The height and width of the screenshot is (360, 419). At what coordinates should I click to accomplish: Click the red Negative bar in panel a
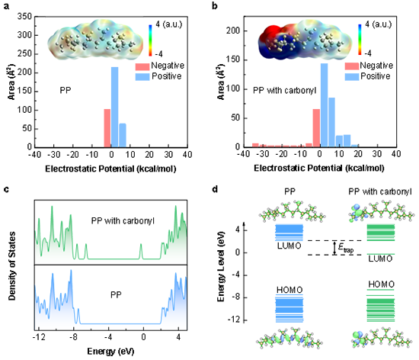(107, 128)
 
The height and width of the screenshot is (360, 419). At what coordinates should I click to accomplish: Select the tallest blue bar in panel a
(114, 107)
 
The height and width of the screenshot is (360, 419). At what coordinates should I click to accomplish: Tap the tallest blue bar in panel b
(324, 105)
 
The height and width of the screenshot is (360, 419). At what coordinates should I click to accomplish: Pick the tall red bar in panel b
(316, 128)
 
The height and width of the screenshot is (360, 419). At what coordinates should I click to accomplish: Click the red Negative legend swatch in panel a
(142, 66)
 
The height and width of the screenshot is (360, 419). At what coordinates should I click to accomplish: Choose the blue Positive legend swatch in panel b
(352, 77)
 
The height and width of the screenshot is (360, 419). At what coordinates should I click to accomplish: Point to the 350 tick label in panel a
(24, 17)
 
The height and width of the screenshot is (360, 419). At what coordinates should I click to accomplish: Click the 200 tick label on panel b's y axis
(233, 31)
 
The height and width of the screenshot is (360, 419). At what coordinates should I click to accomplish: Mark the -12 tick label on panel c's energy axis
(39, 337)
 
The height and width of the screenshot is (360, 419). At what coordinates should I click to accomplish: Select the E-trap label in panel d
(346, 248)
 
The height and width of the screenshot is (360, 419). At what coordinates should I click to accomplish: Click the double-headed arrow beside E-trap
(334, 248)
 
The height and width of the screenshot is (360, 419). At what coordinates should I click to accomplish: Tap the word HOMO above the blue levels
(289, 290)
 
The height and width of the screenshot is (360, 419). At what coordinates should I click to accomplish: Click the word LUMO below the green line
(380, 259)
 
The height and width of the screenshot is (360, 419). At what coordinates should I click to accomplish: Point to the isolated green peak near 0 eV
(141, 251)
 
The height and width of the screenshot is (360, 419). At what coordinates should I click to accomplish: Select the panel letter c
(6, 189)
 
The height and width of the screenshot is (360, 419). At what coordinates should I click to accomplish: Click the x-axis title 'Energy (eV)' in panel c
(110, 351)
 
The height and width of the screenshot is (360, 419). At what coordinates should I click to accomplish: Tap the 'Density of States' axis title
(11, 266)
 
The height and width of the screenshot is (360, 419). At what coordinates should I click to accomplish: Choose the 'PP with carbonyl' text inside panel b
(284, 91)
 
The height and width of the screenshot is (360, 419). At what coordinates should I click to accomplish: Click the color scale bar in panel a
(150, 40)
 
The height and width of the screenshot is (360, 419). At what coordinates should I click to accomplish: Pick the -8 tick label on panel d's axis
(235, 297)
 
